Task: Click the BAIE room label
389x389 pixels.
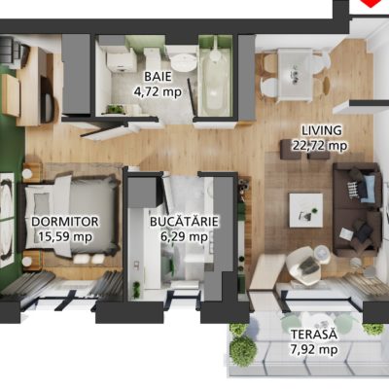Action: pyautogui.click(x=158, y=77)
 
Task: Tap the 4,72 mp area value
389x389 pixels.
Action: pyautogui.click(x=158, y=92)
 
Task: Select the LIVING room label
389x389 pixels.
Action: pyautogui.click(x=322, y=130)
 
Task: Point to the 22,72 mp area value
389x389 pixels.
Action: pyautogui.click(x=320, y=146)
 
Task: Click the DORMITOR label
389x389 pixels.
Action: pyautogui.click(x=65, y=222)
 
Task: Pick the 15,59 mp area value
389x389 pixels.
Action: pyautogui.click(x=65, y=236)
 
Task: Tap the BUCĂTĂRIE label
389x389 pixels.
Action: pyautogui.click(x=184, y=222)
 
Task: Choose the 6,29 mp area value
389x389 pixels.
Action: pyautogui.click(x=184, y=236)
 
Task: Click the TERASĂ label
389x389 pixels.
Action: pyautogui.click(x=314, y=334)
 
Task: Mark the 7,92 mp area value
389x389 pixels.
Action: pyautogui.click(x=314, y=349)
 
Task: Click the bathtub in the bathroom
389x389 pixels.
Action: pyautogui.click(x=215, y=80)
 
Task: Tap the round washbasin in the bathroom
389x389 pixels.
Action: pyautogui.click(x=183, y=62)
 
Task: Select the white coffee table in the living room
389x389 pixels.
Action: pyautogui.click(x=306, y=210)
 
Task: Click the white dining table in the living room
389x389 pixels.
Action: pyautogui.click(x=295, y=74)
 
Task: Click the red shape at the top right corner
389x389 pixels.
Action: pyautogui.click(x=371, y=3)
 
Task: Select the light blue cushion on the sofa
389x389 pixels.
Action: pyautogui.click(x=369, y=189)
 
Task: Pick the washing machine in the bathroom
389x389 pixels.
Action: pyautogui.click(x=119, y=61)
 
